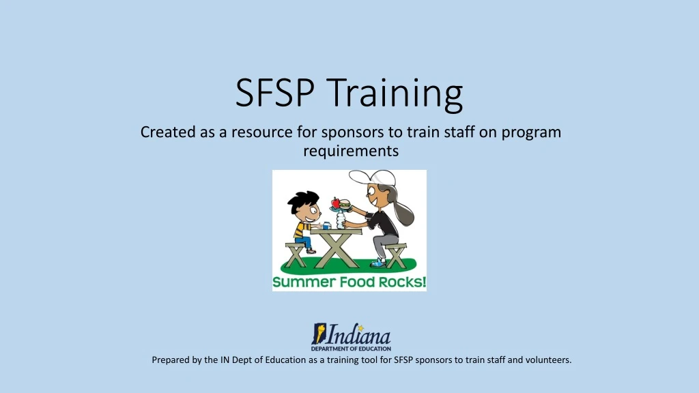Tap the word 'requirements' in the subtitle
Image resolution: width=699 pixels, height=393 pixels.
tap(350, 150)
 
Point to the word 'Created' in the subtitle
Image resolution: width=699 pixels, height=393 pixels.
tap(167, 132)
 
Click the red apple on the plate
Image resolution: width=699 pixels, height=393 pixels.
tap(335, 203)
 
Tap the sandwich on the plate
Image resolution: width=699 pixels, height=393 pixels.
tap(345, 204)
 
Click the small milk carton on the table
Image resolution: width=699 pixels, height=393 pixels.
tap(326, 224)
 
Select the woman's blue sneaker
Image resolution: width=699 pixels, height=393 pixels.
tap(378, 263)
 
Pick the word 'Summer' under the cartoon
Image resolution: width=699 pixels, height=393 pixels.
tap(298, 282)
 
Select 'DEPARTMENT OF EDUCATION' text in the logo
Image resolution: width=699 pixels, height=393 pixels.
tap(351, 348)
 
